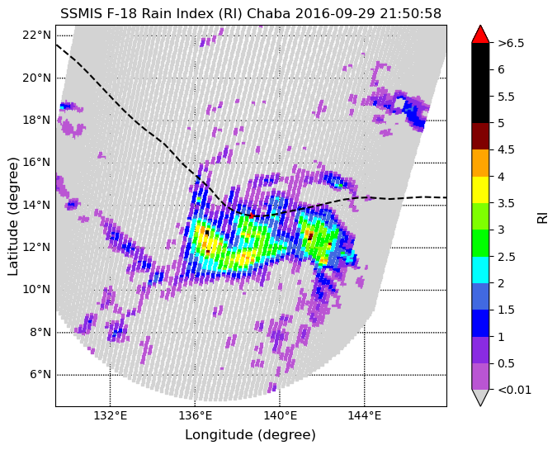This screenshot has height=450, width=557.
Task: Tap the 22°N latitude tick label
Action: [x=36, y=35]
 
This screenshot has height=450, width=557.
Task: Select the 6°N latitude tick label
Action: [x=40, y=374]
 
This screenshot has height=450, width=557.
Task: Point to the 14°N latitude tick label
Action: [x=36, y=205]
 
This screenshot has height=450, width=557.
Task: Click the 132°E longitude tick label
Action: [x=110, y=415]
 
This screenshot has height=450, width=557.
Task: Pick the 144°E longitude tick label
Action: [x=365, y=415]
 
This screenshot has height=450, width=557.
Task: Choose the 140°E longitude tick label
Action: [x=280, y=415]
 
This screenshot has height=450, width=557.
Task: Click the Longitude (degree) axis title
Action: [x=250, y=434]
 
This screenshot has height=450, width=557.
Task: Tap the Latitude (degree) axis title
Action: [x=13, y=216]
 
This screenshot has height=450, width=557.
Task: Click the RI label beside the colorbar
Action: [x=542, y=216]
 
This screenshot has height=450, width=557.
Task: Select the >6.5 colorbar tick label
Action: [x=511, y=43]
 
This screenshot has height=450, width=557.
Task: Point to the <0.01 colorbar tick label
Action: [x=512, y=389]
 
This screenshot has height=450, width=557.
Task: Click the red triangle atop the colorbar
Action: [x=480, y=34]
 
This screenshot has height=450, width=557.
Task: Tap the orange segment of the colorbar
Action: [x=480, y=163]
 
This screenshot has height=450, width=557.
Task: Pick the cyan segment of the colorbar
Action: [x=480, y=269]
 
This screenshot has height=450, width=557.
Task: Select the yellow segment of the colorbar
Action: [x=480, y=189]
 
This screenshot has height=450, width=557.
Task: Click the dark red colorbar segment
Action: [x=480, y=136]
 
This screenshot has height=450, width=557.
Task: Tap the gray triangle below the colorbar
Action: [x=480, y=397]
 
